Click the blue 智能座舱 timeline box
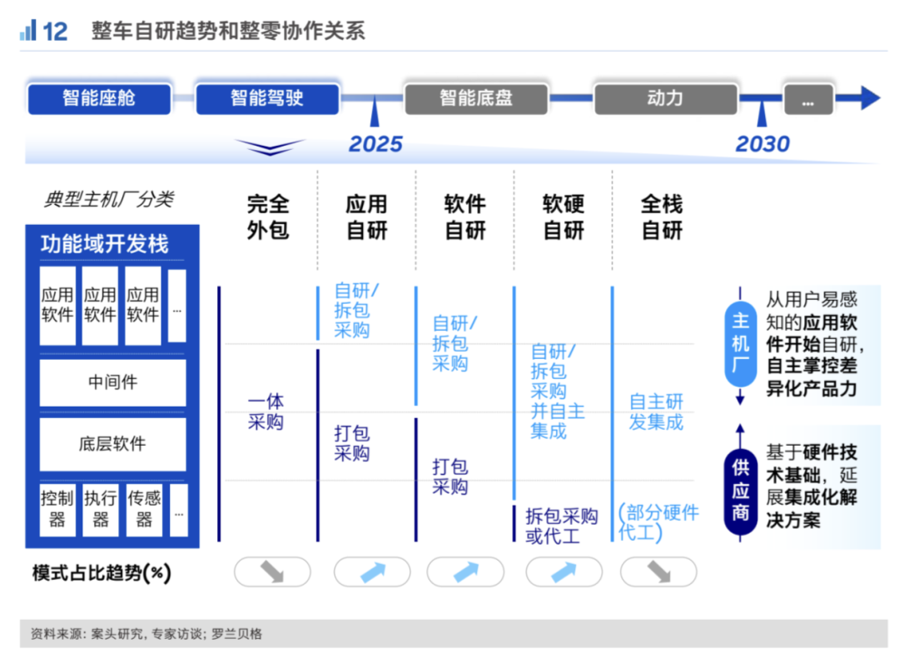99,98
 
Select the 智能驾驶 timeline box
267,98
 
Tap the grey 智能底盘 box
476,98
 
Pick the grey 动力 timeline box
665,98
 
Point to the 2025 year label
375,144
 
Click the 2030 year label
762,144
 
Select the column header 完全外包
268,217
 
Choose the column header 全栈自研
662,217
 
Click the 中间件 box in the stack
112,382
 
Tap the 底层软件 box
112,443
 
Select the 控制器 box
57,509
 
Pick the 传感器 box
144,509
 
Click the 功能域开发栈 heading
105,244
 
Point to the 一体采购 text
266,412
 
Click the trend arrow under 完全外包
272,572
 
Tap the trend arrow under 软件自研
465,572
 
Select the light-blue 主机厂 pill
740,343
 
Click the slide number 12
54,32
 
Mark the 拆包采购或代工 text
561,526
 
